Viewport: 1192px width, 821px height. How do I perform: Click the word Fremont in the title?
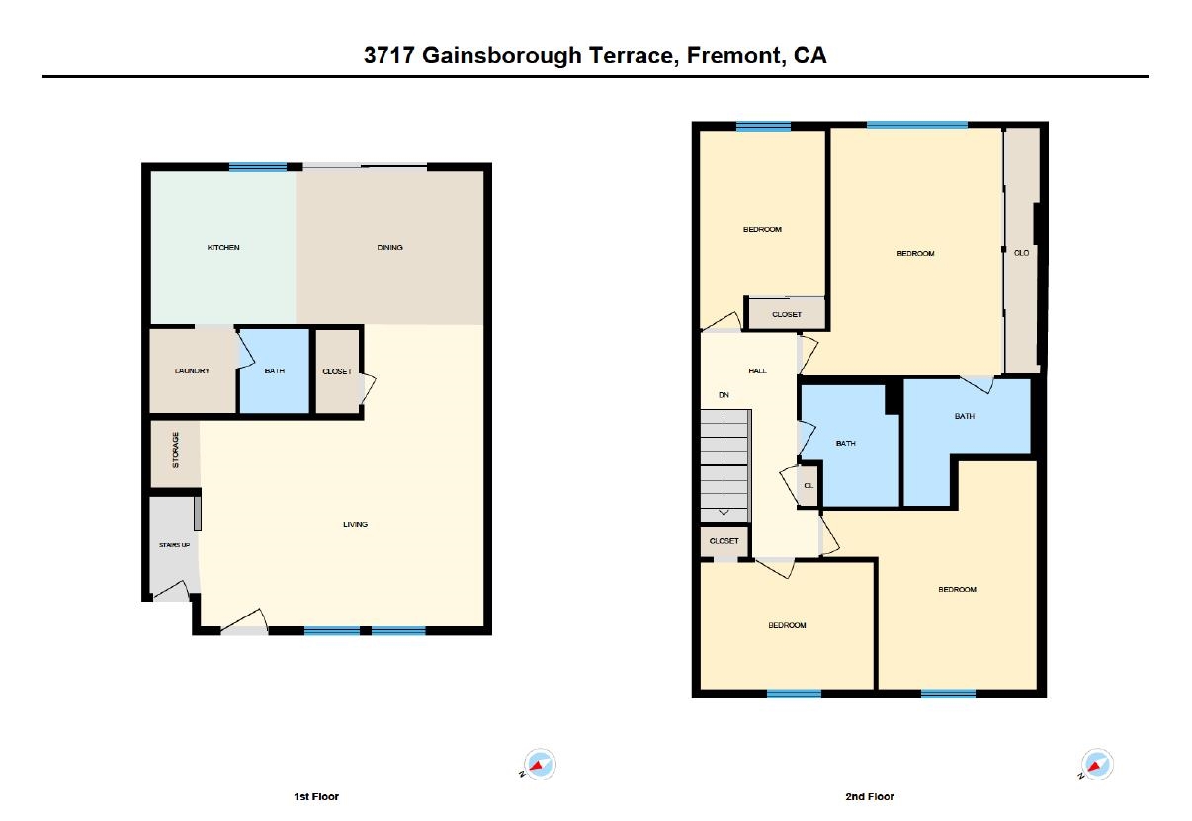[x=730, y=55]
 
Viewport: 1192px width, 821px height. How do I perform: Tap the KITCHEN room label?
[x=222, y=247]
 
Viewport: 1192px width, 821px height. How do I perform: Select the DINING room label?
[x=389, y=247]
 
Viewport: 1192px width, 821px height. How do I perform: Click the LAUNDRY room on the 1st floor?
[x=192, y=370]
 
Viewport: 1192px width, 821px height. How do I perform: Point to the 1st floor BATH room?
[x=275, y=370]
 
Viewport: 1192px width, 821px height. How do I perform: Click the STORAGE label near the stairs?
[x=176, y=451]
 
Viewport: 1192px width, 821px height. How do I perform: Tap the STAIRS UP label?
[x=174, y=545]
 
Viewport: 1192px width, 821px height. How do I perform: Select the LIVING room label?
[x=355, y=524]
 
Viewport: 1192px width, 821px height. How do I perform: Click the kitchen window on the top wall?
[x=257, y=167]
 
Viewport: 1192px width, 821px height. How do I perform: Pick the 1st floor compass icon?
[x=539, y=764]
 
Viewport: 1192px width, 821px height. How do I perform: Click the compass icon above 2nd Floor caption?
[x=1096, y=764]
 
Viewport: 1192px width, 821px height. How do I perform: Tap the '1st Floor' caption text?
[x=316, y=796]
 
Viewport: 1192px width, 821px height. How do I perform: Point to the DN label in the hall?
[x=724, y=395]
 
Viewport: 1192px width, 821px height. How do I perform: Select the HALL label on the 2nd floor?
[x=757, y=370]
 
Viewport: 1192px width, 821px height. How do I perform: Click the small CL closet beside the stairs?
[x=808, y=485]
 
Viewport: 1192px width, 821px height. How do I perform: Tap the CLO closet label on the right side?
[x=1021, y=253]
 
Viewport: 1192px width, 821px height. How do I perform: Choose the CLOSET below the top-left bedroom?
[x=787, y=314]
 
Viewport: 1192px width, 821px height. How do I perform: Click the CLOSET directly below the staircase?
[x=724, y=541]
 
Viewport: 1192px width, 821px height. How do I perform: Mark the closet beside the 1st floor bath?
[x=337, y=371]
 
